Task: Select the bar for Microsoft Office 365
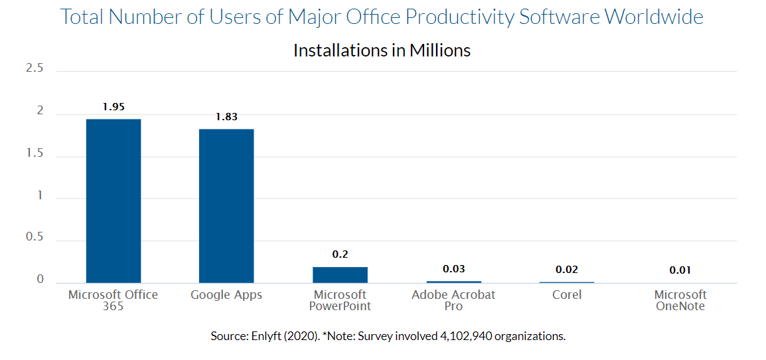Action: pos(114,201)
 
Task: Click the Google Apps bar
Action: pos(226,206)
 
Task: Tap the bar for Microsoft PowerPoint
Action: pos(340,275)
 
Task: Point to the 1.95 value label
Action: pos(114,106)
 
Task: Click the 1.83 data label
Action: pos(226,117)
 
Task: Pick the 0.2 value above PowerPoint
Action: pos(340,254)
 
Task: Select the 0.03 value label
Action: pos(453,269)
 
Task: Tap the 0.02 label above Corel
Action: pos(567,270)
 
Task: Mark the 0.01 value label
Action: pos(680,270)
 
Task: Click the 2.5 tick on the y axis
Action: pos(35,68)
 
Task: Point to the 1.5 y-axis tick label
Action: pos(35,153)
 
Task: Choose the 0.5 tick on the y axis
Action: pos(35,238)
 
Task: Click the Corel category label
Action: pos(567,295)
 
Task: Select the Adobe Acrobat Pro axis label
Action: pos(453,300)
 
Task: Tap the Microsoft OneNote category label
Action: pos(680,300)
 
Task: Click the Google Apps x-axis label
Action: pos(226,295)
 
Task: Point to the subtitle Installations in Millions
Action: pos(382,50)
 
